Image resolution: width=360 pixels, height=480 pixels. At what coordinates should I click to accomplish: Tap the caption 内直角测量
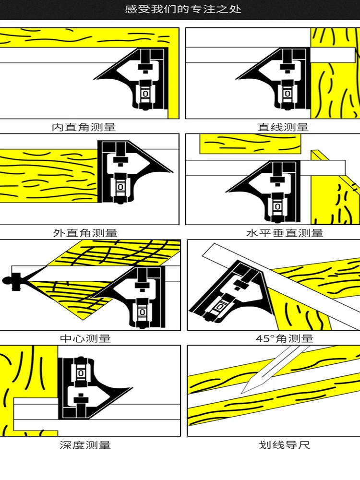(x=84, y=127)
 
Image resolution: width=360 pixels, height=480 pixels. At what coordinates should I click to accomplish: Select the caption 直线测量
(x=283, y=127)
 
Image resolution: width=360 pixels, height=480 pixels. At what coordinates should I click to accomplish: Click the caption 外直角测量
(x=85, y=233)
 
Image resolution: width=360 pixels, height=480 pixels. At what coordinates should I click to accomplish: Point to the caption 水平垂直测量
(x=285, y=233)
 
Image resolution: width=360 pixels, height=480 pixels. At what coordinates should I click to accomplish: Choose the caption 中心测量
(x=85, y=338)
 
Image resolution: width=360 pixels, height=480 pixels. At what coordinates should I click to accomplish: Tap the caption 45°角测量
(x=285, y=338)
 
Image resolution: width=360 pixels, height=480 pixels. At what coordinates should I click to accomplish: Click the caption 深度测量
(x=85, y=445)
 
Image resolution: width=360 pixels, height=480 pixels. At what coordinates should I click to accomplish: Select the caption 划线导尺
(x=285, y=445)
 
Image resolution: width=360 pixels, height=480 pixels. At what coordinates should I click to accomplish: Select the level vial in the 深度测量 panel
(x=81, y=372)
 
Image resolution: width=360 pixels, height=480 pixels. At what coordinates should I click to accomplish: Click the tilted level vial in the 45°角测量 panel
(x=221, y=305)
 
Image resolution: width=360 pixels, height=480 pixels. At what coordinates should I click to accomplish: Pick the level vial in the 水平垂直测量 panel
(x=278, y=206)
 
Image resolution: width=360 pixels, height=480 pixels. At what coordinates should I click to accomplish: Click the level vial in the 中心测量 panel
(x=143, y=312)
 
